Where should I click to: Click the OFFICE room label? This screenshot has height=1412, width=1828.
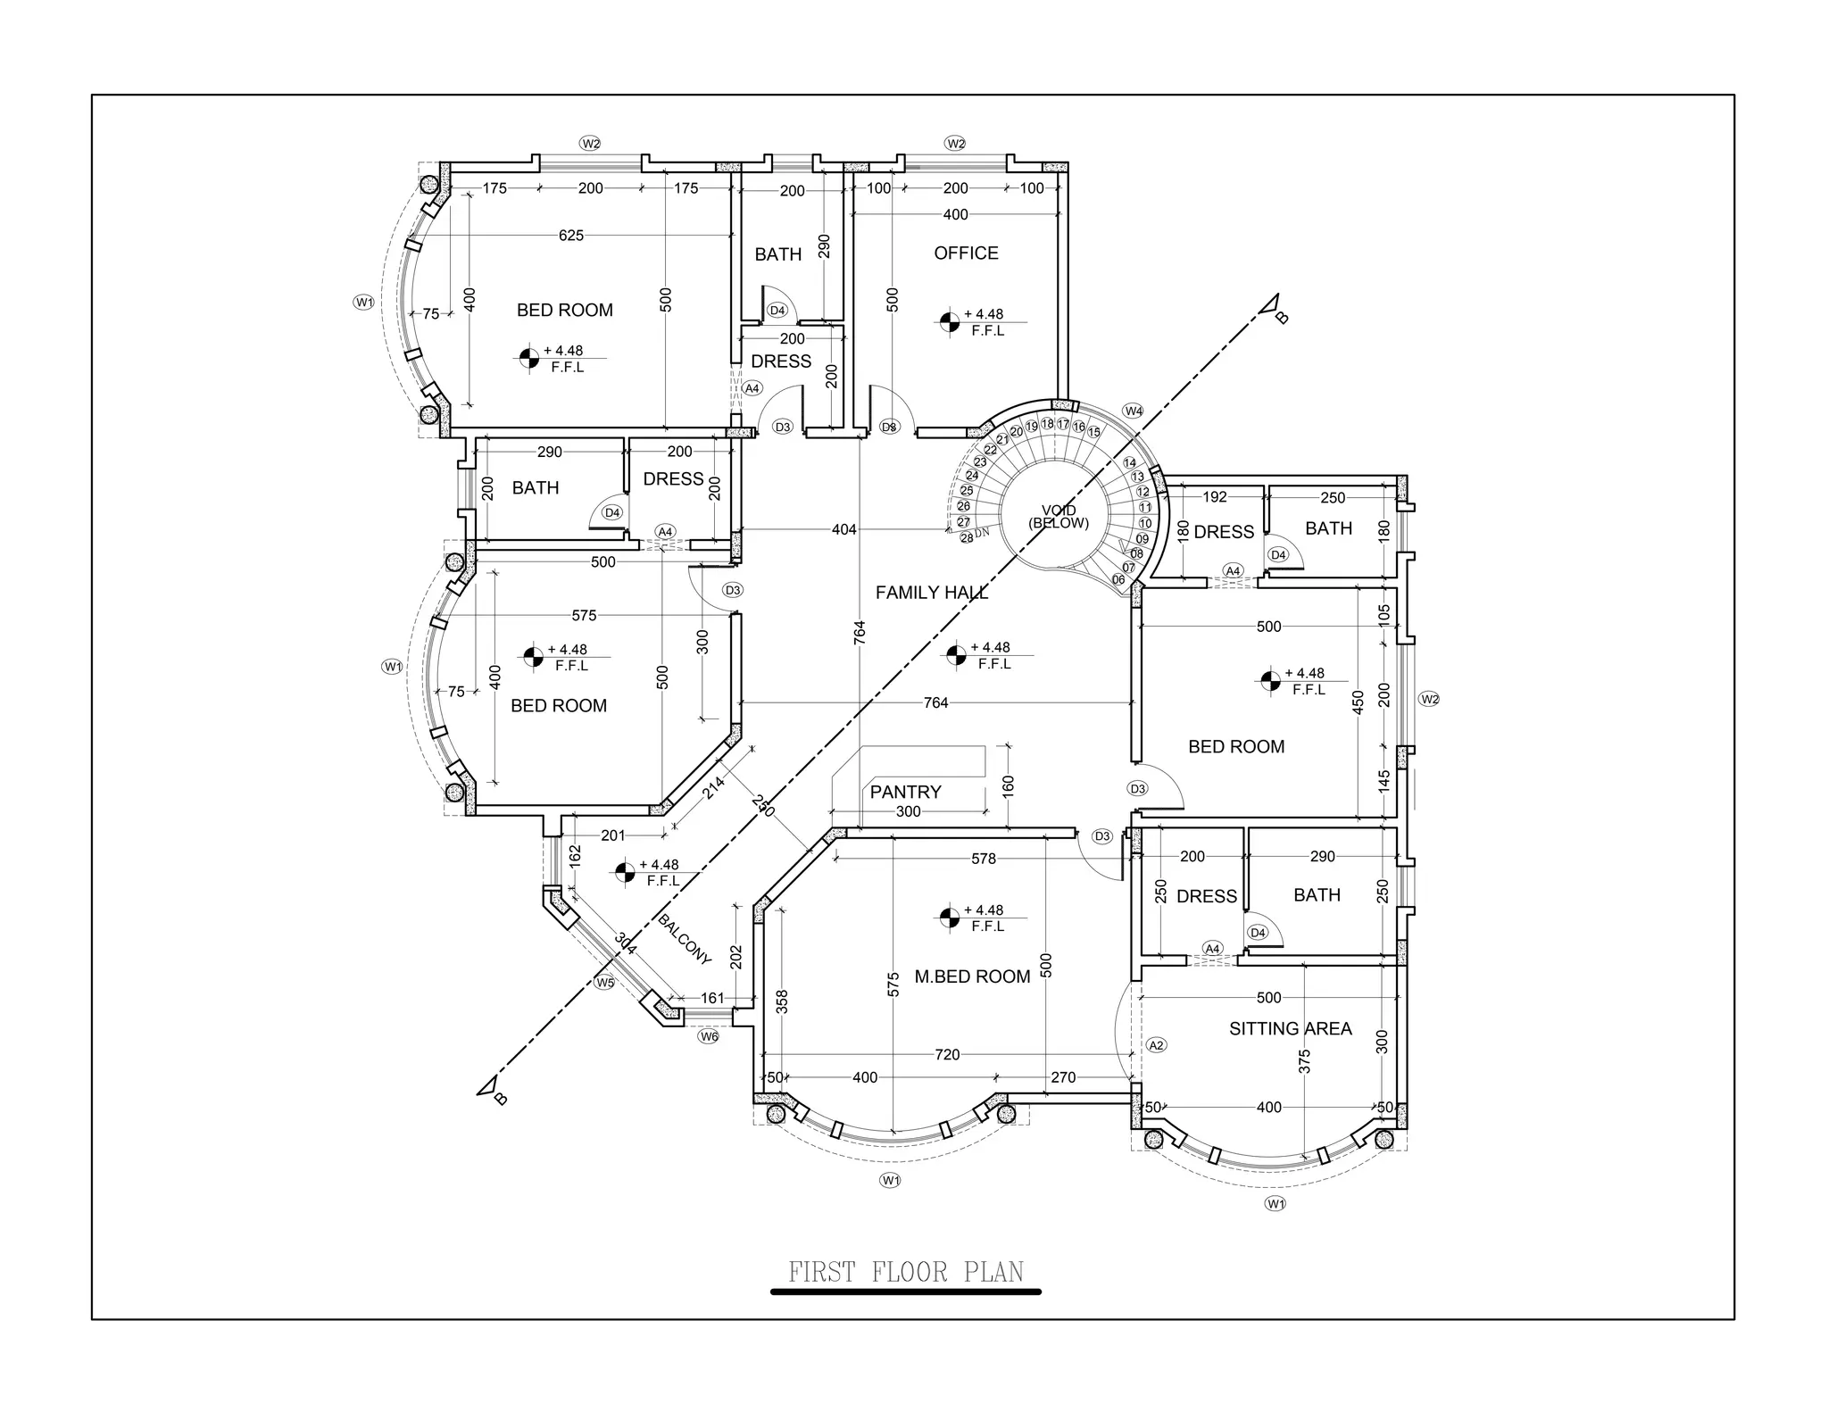click(x=966, y=253)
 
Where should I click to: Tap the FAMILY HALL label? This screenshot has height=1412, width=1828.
click(x=931, y=593)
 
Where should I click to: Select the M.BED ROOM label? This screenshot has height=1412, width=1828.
click(x=972, y=977)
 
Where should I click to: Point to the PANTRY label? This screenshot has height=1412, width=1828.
click(x=905, y=793)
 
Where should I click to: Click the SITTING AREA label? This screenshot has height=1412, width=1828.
click(x=1290, y=1029)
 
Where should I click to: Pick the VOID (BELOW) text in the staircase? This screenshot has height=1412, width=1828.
click(x=1059, y=518)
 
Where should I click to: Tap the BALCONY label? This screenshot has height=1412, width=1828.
click(x=685, y=939)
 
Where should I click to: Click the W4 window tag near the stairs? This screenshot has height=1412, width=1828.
click(x=1133, y=411)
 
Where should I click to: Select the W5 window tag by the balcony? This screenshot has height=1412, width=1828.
click(x=605, y=983)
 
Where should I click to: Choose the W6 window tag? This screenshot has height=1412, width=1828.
click(x=708, y=1037)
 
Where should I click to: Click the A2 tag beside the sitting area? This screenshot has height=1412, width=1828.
click(x=1156, y=1045)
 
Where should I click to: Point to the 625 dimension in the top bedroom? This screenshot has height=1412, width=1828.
click(x=571, y=236)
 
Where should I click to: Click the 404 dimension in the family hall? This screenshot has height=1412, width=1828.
click(x=843, y=530)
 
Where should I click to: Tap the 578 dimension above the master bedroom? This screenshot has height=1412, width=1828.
click(x=983, y=859)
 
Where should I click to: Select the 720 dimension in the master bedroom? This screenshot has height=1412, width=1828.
click(x=947, y=1055)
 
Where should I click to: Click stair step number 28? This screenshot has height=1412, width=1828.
click(x=967, y=538)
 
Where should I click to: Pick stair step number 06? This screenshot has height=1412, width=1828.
click(x=1118, y=579)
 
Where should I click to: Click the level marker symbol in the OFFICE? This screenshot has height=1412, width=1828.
click(x=950, y=321)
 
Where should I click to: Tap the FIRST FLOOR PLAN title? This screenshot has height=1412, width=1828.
click(x=905, y=1272)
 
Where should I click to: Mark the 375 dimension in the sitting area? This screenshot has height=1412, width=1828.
click(x=1304, y=1061)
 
